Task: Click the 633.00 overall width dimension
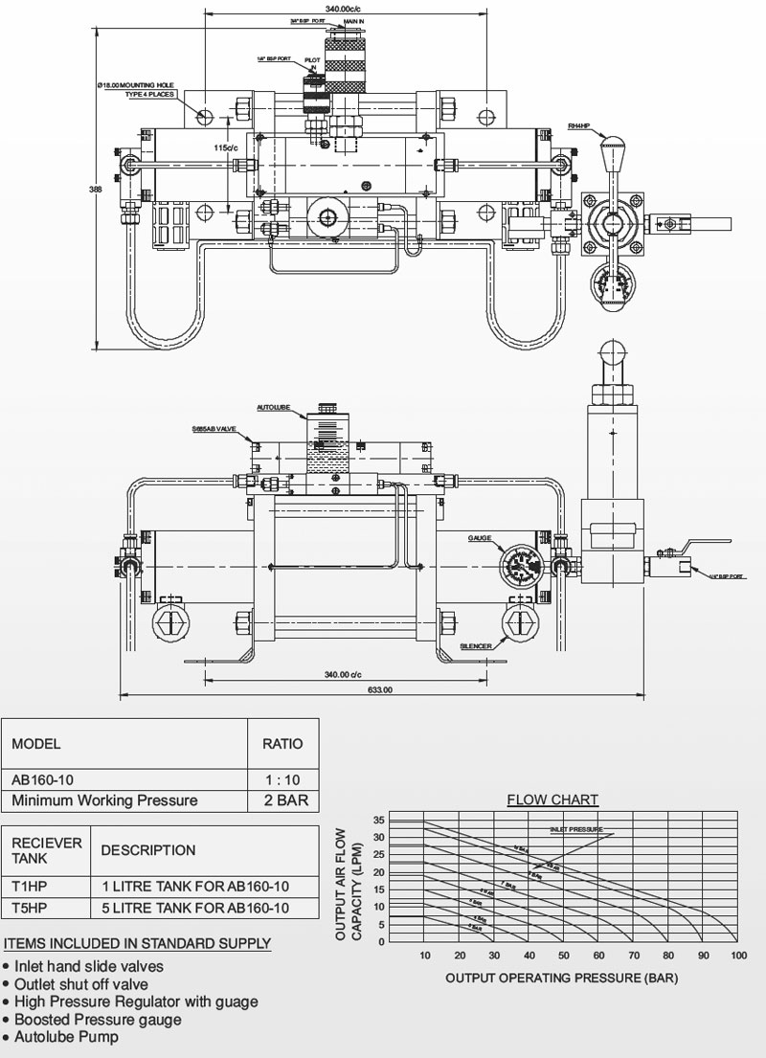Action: (380, 689)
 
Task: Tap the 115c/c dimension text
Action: (225, 148)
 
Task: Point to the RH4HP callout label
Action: (578, 125)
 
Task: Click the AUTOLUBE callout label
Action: (273, 408)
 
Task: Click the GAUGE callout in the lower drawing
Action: (481, 539)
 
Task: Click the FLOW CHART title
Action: (552, 800)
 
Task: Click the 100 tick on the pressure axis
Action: (737, 957)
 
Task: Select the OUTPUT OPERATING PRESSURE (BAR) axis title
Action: (563, 979)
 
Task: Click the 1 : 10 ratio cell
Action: (282, 778)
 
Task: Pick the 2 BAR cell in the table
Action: (282, 800)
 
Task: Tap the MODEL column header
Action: (36, 743)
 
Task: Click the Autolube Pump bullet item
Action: (66, 1038)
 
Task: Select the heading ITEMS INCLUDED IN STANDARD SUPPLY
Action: (137, 944)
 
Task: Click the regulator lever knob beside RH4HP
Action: (608, 152)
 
